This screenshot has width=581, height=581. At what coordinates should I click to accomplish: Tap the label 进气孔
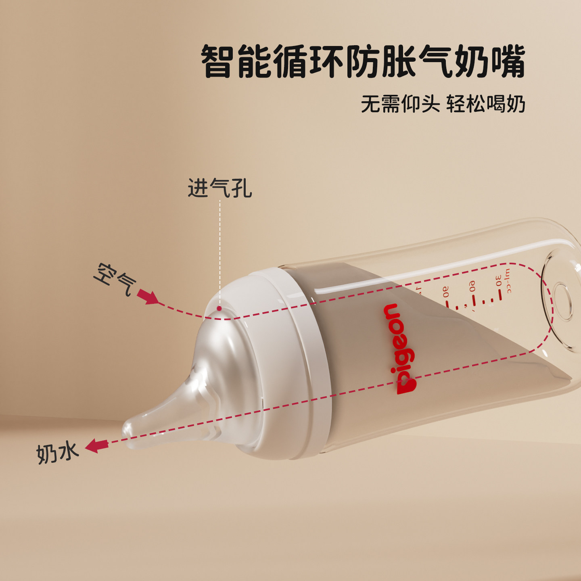pyautogui.click(x=220, y=188)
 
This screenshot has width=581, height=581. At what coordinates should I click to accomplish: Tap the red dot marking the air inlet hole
pyautogui.click(x=219, y=309)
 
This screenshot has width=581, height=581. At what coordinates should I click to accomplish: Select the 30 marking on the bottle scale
pyautogui.click(x=499, y=280)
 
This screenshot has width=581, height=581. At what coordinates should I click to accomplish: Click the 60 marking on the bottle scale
pyautogui.click(x=472, y=286)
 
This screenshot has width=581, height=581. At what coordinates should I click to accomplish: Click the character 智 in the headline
pyautogui.click(x=218, y=62)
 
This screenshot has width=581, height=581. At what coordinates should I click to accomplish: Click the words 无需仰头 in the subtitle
pyautogui.click(x=400, y=104)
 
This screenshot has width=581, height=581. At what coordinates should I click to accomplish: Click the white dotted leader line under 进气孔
pyautogui.click(x=220, y=250)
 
